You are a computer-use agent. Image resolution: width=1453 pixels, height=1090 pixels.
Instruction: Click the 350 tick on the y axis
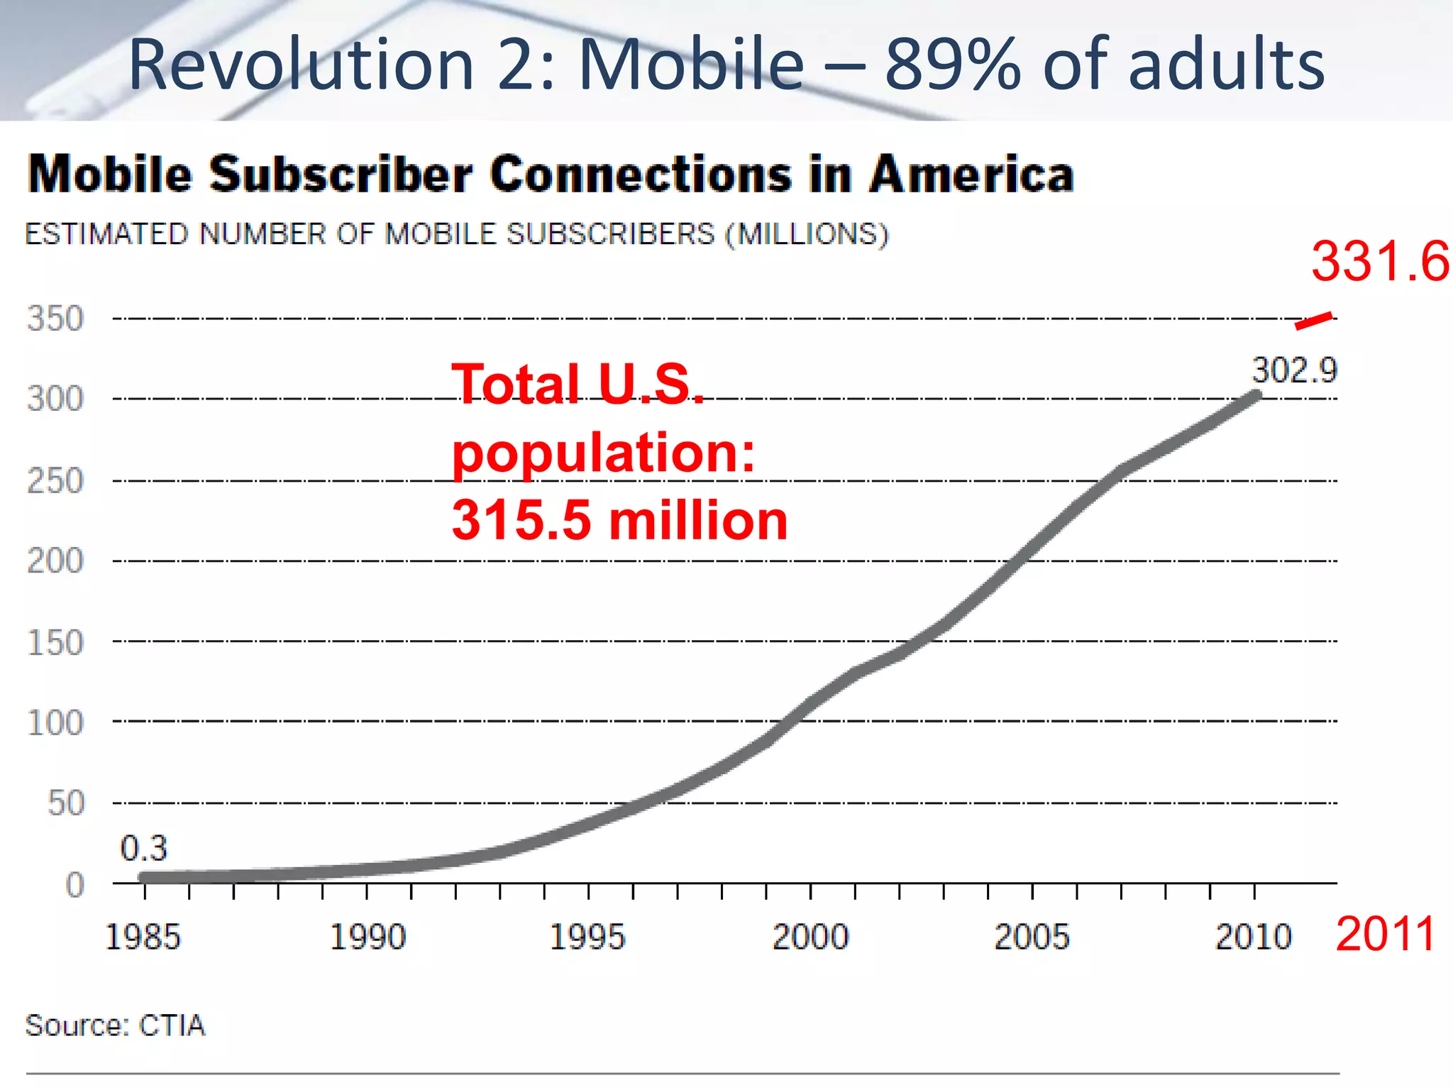[x=55, y=319]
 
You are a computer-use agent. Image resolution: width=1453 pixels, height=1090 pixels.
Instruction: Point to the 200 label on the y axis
[x=55, y=561]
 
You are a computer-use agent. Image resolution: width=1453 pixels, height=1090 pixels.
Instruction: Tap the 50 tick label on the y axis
[x=66, y=803]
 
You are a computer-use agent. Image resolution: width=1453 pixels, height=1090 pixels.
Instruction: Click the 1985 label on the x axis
[x=143, y=937]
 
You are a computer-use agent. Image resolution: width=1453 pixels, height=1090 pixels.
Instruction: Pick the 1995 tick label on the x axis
[x=587, y=937]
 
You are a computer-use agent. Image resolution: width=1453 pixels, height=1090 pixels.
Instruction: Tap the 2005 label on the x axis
[x=1032, y=937]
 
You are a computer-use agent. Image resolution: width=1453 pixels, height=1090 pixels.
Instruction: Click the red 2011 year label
[x=1386, y=934]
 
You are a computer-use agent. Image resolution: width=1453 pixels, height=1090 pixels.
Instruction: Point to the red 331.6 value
[x=1380, y=261]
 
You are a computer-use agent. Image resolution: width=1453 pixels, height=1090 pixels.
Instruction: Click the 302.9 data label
[x=1294, y=370]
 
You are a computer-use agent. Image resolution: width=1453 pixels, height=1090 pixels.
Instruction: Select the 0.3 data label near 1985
[x=143, y=848]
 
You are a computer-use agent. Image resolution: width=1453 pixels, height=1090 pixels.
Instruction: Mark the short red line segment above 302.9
[x=1313, y=321]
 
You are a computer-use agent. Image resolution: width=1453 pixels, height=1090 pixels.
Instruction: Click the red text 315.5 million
[x=619, y=521]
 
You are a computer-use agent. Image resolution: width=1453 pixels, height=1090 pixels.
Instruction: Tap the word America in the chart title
[x=971, y=175]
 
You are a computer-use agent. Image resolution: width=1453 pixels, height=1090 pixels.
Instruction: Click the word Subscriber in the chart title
[x=341, y=175]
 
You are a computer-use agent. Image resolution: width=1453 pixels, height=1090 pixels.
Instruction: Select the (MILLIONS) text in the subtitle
[x=807, y=234]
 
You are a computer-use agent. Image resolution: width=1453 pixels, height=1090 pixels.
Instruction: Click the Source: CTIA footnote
[x=115, y=1025]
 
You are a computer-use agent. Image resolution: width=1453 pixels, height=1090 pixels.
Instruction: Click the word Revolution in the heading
[x=301, y=65]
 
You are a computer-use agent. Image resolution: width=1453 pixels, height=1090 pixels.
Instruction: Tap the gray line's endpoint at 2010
[x=1255, y=395]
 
